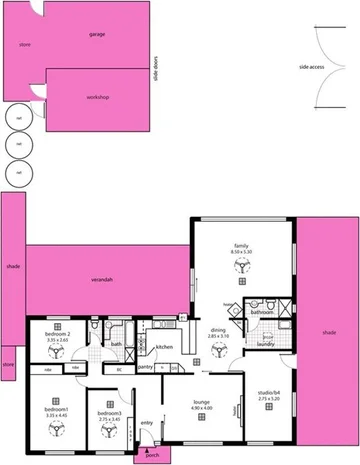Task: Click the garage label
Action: tap(97, 34)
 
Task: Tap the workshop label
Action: tap(97, 96)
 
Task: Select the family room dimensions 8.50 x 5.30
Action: tap(241, 252)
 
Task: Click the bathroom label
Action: tap(262, 312)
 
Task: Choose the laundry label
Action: tap(265, 343)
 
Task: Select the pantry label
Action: tap(145, 366)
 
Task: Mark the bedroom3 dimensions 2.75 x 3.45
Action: tap(109, 419)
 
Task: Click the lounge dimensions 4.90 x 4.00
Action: tap(202, 408)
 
